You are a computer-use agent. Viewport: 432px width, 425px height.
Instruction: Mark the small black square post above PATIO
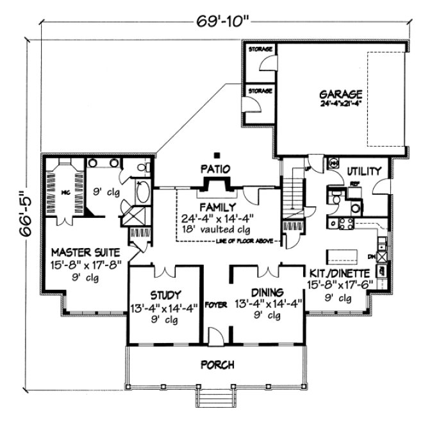point(219,154)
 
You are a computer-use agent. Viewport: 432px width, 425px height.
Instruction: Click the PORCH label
point(217,365)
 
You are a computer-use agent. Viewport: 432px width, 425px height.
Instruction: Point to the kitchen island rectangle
point(343,256)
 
